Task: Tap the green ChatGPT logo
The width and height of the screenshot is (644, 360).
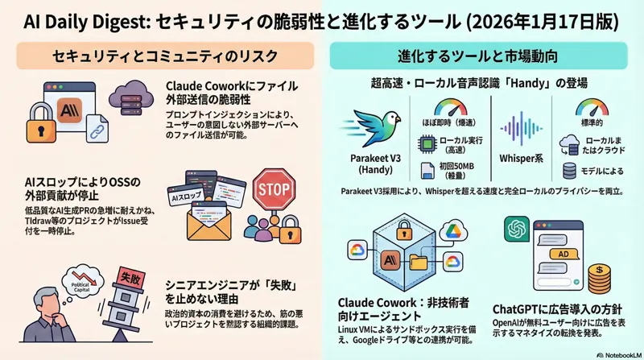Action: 515,230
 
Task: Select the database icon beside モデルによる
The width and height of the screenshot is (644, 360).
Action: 568,171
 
